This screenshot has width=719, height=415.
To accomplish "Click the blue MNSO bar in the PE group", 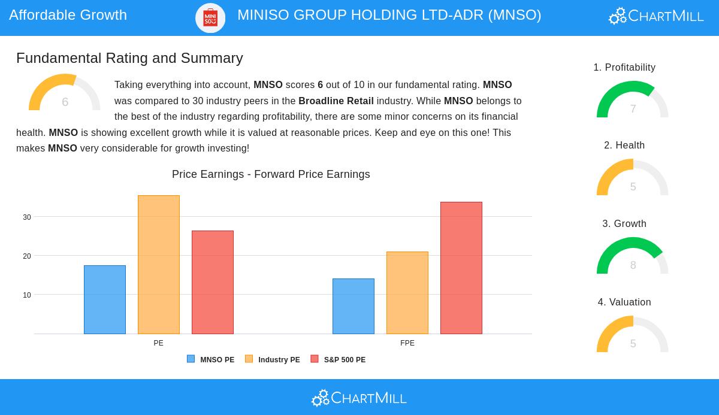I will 105,299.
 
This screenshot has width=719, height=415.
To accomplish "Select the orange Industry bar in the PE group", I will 159,265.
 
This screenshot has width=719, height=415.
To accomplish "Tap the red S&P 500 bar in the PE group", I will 213,282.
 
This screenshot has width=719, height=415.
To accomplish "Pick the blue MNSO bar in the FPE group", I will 354,306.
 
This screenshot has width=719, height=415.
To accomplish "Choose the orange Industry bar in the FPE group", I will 407,293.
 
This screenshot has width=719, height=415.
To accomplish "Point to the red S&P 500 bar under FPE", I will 461,268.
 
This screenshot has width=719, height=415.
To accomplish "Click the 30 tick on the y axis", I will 27,217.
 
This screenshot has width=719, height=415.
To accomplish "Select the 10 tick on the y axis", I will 27,295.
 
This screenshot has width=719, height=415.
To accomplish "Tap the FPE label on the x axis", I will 407,343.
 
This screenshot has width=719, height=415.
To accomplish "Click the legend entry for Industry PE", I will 273,360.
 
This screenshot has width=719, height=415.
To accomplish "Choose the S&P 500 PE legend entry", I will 339,360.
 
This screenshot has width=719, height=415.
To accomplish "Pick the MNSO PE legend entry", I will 211,360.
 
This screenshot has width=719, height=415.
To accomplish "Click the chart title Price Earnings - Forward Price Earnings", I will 271,174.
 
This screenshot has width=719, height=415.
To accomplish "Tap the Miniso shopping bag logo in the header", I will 210,17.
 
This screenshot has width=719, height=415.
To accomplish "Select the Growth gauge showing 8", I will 633,256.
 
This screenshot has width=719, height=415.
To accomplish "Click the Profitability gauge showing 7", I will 633,100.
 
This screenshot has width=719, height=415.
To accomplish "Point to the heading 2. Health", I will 624,146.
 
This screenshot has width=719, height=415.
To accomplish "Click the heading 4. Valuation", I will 624,302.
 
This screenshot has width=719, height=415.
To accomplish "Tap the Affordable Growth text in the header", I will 68,15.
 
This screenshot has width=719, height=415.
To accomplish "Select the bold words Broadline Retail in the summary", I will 336,101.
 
